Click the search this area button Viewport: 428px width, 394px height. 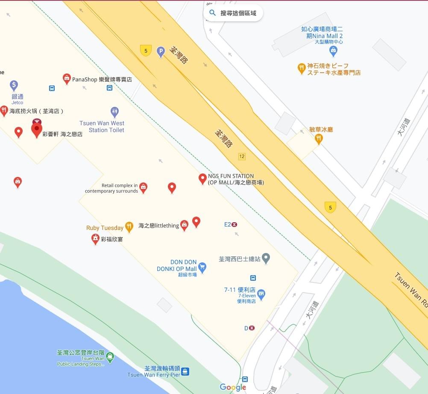tap(233, 13)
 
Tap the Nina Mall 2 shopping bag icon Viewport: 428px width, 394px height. tap(334, 51)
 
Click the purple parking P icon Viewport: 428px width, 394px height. tap(161, 52)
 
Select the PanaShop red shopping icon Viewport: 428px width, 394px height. tap(67, 78)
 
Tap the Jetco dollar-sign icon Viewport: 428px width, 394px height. tap(14, 85)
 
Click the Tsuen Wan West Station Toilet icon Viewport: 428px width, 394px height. tap(114, 112)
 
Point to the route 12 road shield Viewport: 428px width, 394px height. tap(242, 156)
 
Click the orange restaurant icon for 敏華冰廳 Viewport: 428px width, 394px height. tap(319, 138)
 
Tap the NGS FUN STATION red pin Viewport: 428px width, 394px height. tap(203, 178)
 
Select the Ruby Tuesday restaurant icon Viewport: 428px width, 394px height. tap(129, 227)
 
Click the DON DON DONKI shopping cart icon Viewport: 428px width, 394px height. tap(202, 268)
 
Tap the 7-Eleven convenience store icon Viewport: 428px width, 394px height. tap(261, 294)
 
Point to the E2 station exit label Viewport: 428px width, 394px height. tap(231, 224)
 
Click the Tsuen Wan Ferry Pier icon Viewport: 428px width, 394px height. tap(185, 371)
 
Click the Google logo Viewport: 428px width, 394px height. tap(233, 387)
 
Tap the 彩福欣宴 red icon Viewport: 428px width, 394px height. tap(95, 239)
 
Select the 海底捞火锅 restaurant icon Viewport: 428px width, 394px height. tap(4, 111)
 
